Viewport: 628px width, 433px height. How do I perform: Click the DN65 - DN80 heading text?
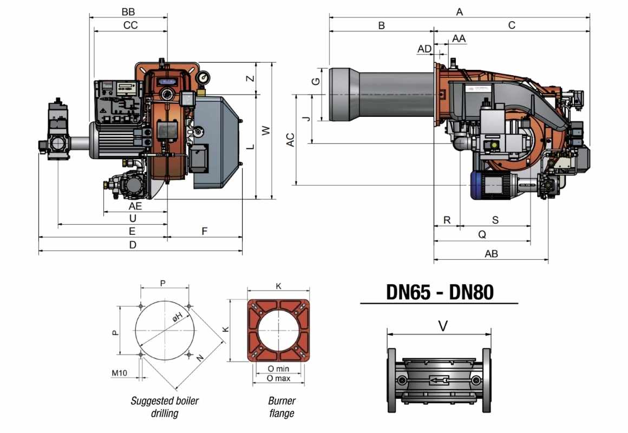[x=440, y=292]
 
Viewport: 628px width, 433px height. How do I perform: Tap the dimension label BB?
[x=128, y=12]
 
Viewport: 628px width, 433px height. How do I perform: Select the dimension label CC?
[x=130, y=25]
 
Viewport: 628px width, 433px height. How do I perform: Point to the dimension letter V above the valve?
[x=443, y=326]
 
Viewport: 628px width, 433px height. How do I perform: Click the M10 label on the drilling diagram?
[x=119, y=373]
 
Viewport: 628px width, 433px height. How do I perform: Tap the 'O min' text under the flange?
[x=278, y=369]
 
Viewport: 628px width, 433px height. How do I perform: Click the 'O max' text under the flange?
[x=278, y=378]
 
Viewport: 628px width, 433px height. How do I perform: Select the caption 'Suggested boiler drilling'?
[x=165, y=406]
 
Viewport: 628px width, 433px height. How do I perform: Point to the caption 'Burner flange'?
[x=282, y=406]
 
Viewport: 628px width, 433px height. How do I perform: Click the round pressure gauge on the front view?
[x=204, y=76]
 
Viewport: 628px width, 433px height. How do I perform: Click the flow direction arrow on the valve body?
[x=439, y=380]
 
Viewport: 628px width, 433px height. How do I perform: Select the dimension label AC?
[x=290, y=140]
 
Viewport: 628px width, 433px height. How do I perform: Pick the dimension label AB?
[x=492, y=253]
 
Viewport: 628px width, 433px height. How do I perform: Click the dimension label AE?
[x=135, y=206]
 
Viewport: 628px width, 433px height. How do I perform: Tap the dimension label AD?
[x=424, y=49]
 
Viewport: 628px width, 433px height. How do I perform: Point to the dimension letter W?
[x=266, y=130]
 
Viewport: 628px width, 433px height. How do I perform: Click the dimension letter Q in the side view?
[x=482, y=234]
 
